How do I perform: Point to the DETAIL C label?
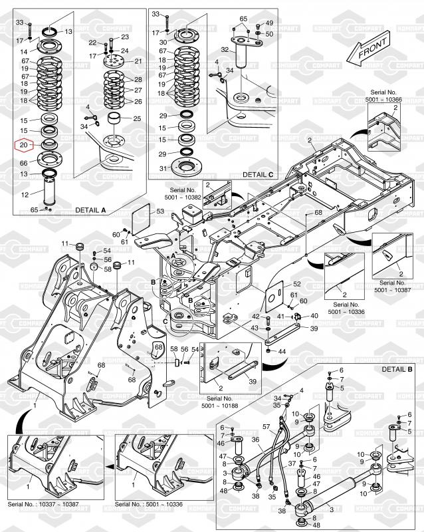tap(258, 174)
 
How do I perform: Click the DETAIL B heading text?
tap(397, 368)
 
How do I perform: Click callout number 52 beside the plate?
tap(296, 284)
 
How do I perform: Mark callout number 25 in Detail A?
tap(137, 118)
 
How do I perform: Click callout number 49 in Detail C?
tap(269, 22)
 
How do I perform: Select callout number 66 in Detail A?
tap(23, 162)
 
